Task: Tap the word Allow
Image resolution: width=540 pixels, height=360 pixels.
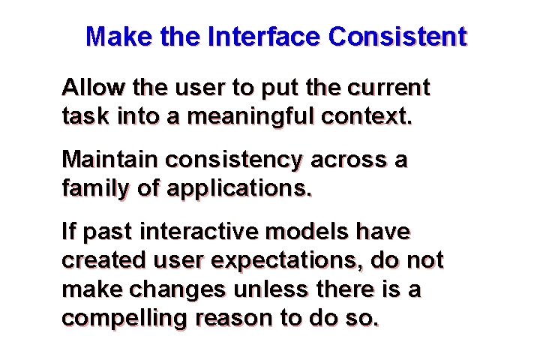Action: click(x=93, y=88)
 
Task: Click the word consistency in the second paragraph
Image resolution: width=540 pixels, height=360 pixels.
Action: click(x=233, y=160)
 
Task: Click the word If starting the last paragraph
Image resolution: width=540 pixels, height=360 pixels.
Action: click(x=69, y=232)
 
